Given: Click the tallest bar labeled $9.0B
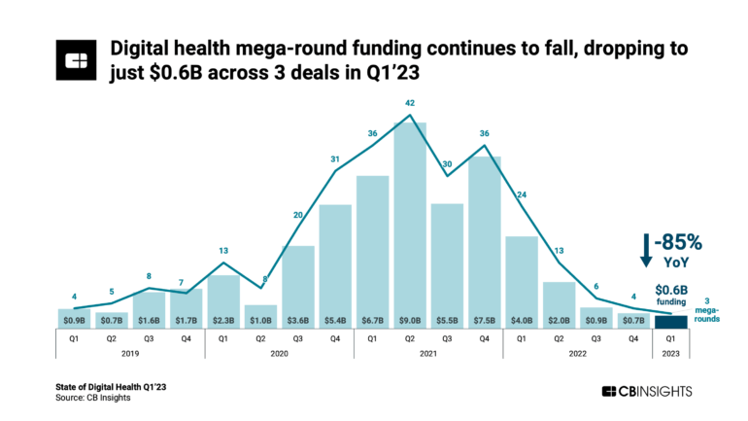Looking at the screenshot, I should point(410,224).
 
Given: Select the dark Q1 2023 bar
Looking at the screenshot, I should point(670,322).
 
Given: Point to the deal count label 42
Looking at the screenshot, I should point(410,103).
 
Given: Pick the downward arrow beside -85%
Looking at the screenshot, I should point(646,250).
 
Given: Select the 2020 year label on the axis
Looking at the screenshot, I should point(279,355).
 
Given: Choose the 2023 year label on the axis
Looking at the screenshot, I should point(670,355).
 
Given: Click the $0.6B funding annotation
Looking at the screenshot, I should point(672,295).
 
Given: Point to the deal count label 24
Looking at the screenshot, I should point(521,194).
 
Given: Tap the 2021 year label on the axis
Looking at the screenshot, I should point(427,355).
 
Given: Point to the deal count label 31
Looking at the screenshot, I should point(335,159).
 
